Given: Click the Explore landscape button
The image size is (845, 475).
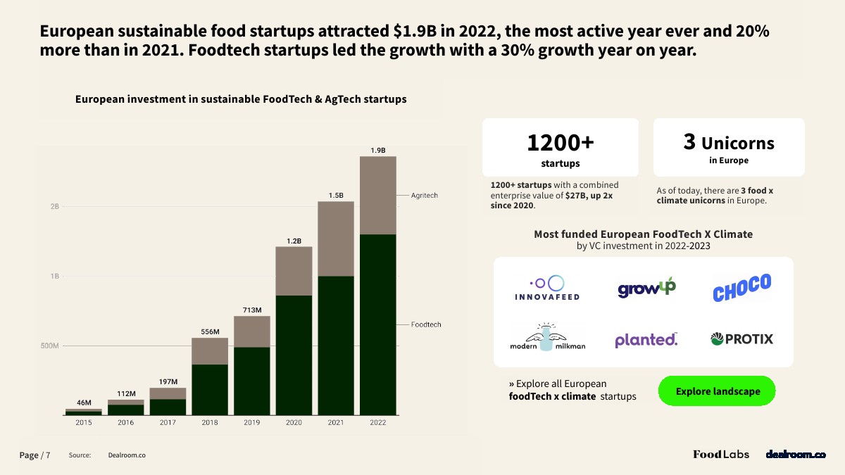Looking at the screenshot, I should click(717, 391).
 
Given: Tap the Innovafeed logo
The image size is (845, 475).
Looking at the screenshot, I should click(547, 288).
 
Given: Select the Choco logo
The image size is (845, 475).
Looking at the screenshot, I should click(741, 287).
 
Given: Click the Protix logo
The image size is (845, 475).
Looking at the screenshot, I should click(741, 339).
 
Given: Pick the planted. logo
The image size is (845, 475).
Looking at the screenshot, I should click(646, 340).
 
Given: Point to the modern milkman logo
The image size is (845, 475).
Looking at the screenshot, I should click(547, 338).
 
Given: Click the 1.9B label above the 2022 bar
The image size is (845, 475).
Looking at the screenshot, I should click(378, 150).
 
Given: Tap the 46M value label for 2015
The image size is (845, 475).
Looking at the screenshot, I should click(84, 403).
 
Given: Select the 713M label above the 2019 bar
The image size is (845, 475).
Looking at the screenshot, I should click(252, 310).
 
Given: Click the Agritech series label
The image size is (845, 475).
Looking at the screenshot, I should click(425, 195).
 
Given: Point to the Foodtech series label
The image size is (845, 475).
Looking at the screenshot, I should click(426, 324).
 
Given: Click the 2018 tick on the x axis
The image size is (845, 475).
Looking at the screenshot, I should click(209, 422).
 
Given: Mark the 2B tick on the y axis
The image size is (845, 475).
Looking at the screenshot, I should click(54, 207).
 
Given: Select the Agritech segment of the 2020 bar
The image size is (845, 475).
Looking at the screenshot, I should click(294, 271).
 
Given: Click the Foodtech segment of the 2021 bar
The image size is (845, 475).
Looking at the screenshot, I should click(336, 345).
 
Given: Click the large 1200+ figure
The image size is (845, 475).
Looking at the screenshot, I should click(561, 143).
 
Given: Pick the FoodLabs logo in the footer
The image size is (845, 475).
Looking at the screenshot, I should click(721, 455).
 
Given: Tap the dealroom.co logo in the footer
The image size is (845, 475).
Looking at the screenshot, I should click(796, 455).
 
